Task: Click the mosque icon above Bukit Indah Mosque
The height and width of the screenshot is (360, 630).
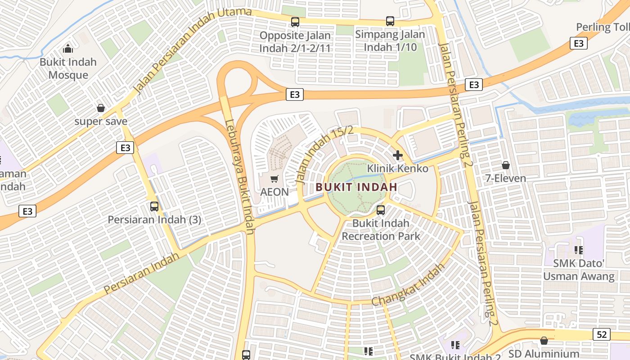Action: [x=68, y=48]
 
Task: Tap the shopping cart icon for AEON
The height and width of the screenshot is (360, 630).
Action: [x=274, y=179]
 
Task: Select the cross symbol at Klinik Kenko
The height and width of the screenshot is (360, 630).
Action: [x=398, y=155]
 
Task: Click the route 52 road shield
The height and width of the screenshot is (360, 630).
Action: [x=602, y=334]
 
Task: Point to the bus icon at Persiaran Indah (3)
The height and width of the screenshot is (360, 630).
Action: [x=154, y=207]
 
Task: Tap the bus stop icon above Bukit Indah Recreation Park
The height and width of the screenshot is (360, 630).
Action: [x=381, y=210]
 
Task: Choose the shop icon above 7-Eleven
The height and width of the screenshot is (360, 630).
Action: [x=506, y=165]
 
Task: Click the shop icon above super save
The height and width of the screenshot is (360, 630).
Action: [x=101, y=108]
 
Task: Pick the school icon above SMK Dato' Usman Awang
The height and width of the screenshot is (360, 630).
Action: [x=578, y=250]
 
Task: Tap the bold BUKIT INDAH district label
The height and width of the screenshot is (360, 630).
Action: [x=356, y=187]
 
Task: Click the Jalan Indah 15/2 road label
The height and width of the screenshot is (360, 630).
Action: [x=324, y=154]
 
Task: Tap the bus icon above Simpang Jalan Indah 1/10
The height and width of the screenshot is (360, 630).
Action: [x=390, y=21]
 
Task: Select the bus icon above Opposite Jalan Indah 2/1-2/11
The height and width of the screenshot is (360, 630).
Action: [x=295, y=22]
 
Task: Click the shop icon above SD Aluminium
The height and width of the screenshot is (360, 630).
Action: [x=544, y=341]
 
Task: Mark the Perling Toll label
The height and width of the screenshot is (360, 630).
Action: [x=603, y=27]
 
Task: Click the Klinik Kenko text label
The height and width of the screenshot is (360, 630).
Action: [x=398, y=168]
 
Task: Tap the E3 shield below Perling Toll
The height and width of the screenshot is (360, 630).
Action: [x=579, y=43]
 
